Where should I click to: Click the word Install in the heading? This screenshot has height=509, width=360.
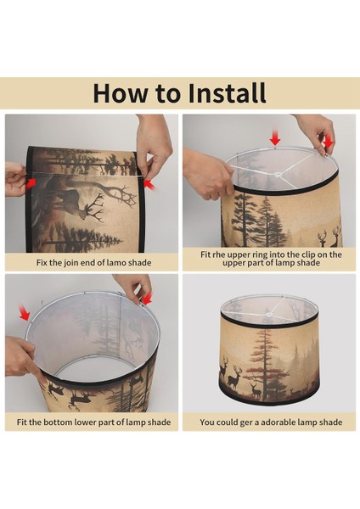pos(227,93)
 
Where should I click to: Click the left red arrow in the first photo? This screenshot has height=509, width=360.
pos(31,182)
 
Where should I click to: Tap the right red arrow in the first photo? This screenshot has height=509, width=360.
pos(149,185)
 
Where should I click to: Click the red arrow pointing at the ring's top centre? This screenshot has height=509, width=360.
pos(275,138)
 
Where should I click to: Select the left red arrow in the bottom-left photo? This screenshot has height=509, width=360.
pos(24,312)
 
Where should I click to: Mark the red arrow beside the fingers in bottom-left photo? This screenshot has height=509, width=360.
pos(147,299)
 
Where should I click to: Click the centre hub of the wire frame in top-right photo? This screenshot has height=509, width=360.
pos(278,175)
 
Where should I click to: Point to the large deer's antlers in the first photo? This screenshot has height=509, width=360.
pos(95,207)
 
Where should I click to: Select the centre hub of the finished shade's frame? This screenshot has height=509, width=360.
pos(269,314)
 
